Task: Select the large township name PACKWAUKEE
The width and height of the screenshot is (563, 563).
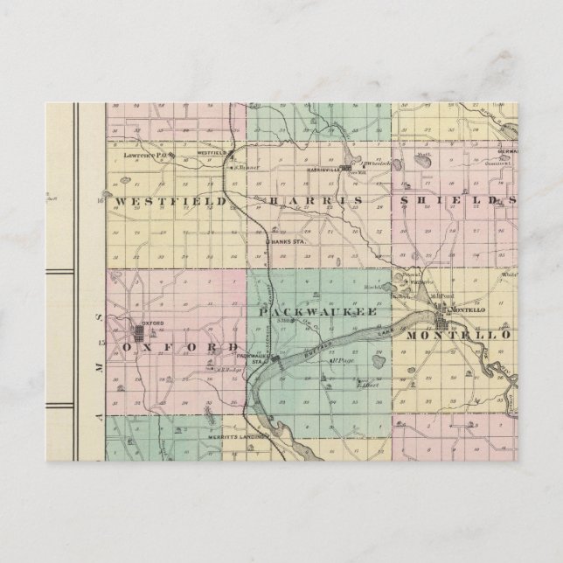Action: coord(317,311)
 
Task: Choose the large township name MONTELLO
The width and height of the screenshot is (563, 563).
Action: coord(467,335)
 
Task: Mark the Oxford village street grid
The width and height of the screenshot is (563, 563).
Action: coord(142,332)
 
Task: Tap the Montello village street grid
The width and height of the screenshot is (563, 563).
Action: coord(441,309)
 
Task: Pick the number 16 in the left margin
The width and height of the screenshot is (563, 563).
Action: coord(101,201)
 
